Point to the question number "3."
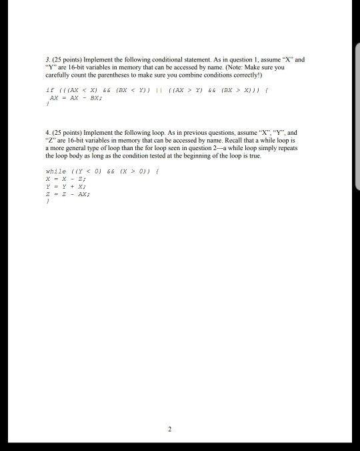[x=43, y=59]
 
